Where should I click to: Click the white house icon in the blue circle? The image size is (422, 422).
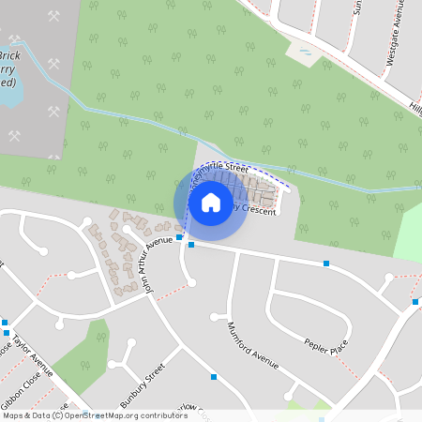pyautogui.click(x=211, y=202)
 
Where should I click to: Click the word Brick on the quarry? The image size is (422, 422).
pyautogui.click(x=11, y=55)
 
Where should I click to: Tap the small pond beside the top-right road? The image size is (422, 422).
pyautogui.click(x=306, y=53)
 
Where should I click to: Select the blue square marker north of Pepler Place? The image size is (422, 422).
pyautogui.click(x=326, y=264)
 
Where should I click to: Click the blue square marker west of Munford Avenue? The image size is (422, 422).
pyautogui.click(x=215, y=377)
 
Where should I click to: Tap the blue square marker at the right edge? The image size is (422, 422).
pyautogui.click(x=414, y=302)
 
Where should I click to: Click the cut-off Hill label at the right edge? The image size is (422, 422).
pyautogui.click(x=414, y=109)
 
